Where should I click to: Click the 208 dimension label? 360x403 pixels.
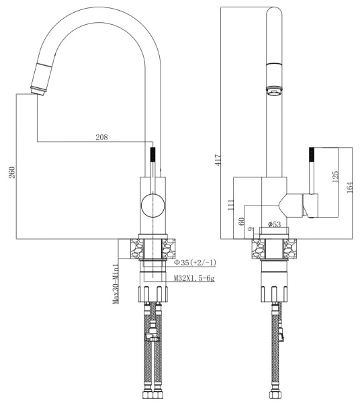(x=101, y=137)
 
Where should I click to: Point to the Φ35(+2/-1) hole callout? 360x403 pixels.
(x=195, y=262)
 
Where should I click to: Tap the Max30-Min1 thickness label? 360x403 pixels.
(x=116, y=282)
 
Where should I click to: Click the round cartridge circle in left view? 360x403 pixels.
(x=152, y=204)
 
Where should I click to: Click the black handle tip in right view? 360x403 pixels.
(x=312, y=156)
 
